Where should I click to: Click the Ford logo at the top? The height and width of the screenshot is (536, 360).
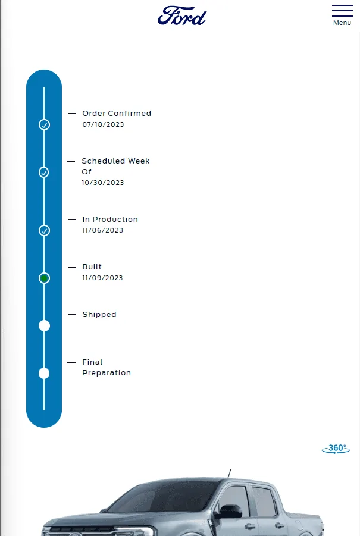pos(182,15)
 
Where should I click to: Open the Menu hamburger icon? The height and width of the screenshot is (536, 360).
pos(342,11)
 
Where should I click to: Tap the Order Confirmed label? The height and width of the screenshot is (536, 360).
pos(117,114)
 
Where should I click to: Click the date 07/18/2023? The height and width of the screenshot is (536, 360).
pos(104,124)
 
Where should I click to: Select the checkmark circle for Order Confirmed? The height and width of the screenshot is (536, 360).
pos(44,125)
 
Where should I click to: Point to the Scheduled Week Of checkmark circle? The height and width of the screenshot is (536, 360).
pos(44,173)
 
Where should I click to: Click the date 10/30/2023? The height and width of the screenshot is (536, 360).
pos(103,183)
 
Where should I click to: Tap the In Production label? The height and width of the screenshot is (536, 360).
pos(110,220)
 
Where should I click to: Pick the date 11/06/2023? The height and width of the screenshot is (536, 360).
pos(102,230)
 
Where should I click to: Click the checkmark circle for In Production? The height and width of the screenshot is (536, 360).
pos(44,231)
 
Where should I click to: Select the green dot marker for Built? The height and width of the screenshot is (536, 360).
pos(44,278)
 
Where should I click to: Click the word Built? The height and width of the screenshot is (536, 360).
pos(92,267)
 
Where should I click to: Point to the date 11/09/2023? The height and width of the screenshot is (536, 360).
pos(102,278)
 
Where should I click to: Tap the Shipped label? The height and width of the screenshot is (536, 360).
pos(99,315)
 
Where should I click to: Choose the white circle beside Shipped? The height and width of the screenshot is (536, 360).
pos(44,326)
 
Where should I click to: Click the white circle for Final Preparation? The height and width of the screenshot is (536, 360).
pos(44,373)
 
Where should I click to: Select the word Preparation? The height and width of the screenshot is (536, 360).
pos(107,373)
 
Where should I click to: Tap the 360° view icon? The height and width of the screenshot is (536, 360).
pos(336,449)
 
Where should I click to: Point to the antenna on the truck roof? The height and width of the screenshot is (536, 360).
pos(230,474)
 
